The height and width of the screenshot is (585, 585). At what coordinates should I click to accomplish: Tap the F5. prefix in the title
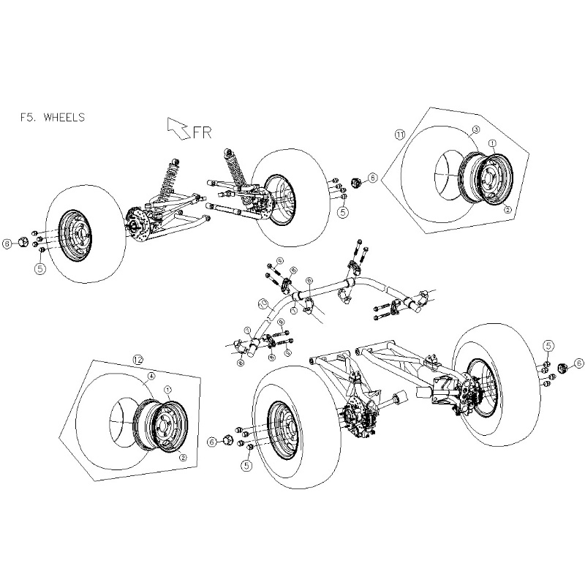pyautogui.click(x=32, y=116)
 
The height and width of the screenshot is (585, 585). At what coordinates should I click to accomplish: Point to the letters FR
pyautogui.click(x=202, y=132)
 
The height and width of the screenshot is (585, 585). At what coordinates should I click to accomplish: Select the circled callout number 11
pyautogui.click(x=399, y=135)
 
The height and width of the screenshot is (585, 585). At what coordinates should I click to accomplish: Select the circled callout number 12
pyautogui.click(x=140, y=359)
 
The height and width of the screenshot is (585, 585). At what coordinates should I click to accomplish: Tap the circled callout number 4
pyautogui.click(x=150, y=377)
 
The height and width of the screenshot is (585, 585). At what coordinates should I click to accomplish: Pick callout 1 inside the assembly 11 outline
pyautogui.click(x=492, y=144)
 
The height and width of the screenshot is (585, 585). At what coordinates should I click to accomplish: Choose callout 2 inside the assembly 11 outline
pyautogui.click(x=507, y=209)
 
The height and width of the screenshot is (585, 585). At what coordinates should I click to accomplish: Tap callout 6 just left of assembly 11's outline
pyautogui.click(x=372, y=177)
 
